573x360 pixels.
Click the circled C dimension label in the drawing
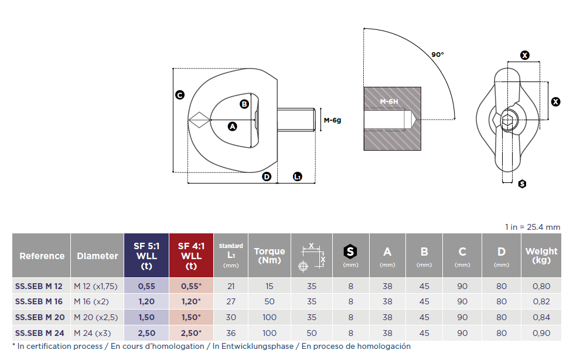click(179, 95)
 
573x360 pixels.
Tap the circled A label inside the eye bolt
click(233, 127)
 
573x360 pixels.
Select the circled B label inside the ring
click(244, 104)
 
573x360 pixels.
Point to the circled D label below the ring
click(267, 176)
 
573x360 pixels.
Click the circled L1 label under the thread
click(298, 176)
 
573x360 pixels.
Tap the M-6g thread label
click(333, 120)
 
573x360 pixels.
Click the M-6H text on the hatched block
click(389, 101)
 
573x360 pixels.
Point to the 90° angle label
click(438, 55)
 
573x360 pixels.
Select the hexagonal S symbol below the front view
click(522, 184)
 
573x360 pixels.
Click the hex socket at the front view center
click(507, 120)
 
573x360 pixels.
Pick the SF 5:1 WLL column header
click(146, 256)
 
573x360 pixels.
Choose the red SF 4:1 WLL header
click(191, 256)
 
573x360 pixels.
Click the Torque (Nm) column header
click(270, 256)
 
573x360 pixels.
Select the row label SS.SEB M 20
click(40, 317)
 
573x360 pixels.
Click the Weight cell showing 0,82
click(541, 301)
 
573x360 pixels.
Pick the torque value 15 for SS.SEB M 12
click(270, 286)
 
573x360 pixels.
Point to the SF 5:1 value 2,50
click(146, 333)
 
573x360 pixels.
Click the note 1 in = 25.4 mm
click(533, 227)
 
